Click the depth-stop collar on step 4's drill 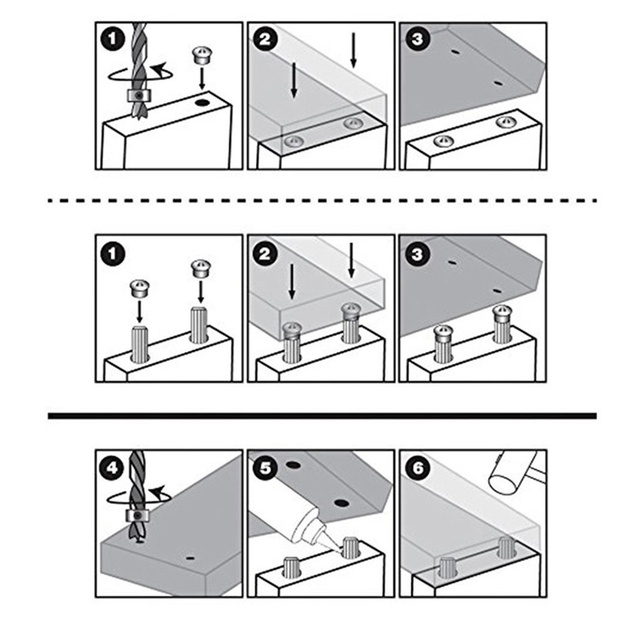click(x=137, y=516)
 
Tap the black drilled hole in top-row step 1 click(x=202, y=103)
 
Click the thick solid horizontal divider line click(x=322, y=416)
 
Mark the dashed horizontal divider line click(x=322, y=201)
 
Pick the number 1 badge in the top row click(x=113, y=38)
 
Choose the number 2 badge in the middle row click(x=265, y=254)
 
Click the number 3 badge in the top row click(x=417, y=38)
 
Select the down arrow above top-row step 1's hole click(x=202, y=78)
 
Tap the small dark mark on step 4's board click(x=190, y=559)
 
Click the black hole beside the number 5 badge click(x=292, y=465)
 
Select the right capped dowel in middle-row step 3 click(x=502, y=324)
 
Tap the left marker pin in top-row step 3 click(x=443, y=141)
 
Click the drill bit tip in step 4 click(x=139, y=540)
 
